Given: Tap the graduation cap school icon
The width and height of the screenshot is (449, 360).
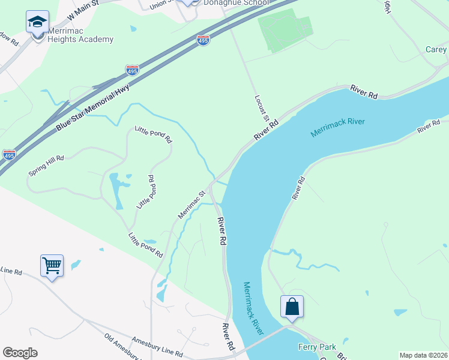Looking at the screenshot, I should coord(38,23).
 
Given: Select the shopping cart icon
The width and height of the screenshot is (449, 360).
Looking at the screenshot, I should coord(52,265).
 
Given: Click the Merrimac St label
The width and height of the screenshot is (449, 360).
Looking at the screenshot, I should coord(191,205).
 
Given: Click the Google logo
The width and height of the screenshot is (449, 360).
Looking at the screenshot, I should coord(20,353).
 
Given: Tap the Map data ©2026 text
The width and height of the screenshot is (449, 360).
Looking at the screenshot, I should coord(423,355).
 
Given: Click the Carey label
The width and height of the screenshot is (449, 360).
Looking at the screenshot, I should coord(436,50).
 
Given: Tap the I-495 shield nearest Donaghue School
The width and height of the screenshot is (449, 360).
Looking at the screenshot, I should coord(203,41).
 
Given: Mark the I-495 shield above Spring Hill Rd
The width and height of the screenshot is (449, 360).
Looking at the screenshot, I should coord(9,155).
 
